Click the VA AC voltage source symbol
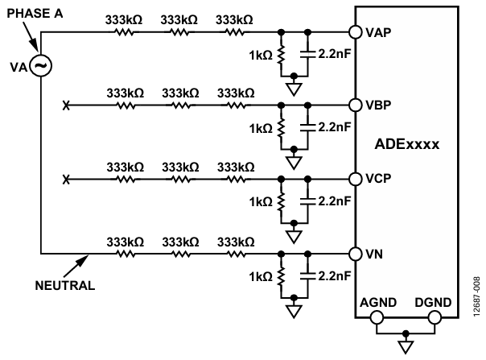(41, 66)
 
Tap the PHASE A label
(35, 14)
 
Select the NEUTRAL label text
(65, 286)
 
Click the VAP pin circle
(355, 32)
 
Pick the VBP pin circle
(355, 106)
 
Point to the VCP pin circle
(355, 179)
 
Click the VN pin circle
(355, 254)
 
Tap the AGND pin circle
(377, 318)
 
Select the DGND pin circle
(435, 318)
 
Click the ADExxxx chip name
(406, 144)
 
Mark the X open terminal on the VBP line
(66, 106)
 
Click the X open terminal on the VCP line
(66, 180)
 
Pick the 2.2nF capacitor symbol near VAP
(308, 54)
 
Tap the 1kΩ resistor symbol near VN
(281, 277)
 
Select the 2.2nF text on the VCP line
(335, 201)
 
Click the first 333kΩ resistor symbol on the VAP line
(124, 32)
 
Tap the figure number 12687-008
(476, 297)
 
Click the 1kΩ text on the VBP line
(261, 129)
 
